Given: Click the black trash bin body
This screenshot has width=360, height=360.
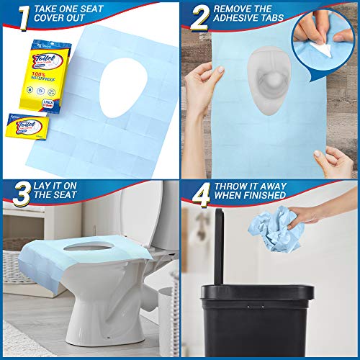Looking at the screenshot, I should tap(259, 324).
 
